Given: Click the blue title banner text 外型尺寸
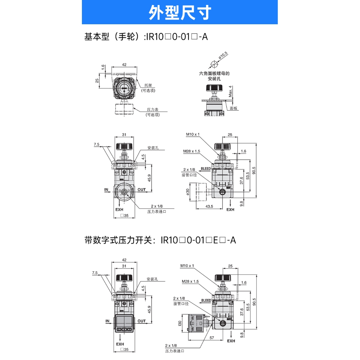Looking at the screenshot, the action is (180, 13).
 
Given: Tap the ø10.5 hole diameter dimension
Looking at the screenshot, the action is (223, 56).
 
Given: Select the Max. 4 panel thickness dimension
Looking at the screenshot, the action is (230, 92).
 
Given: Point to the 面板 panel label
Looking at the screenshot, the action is (234, 108).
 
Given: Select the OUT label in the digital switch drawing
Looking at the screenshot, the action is (141, 321).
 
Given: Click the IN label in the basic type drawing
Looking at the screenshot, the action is (107, 190).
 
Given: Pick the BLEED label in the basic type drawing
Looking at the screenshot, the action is (206, 169).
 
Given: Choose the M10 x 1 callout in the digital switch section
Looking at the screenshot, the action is (187, 266).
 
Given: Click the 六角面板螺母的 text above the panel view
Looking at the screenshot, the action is (214, 74).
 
